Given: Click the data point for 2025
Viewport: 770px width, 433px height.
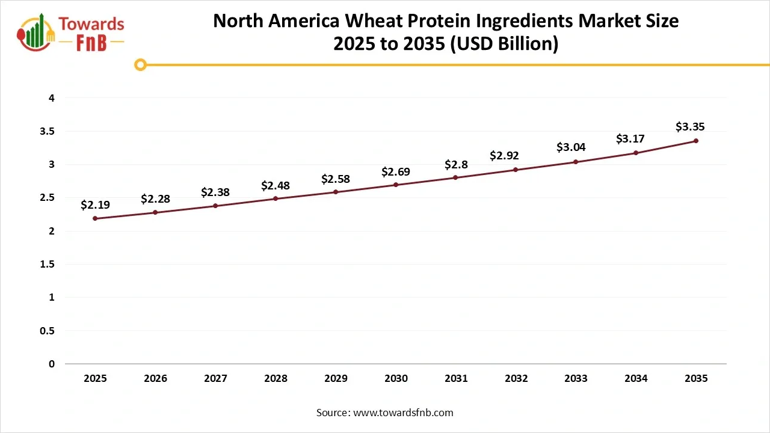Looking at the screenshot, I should click(x=95, y=218).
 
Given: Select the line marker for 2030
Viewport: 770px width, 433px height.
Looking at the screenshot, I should click(x=396, y=185).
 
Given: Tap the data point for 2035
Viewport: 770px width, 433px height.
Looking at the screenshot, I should click(x=696, y=141).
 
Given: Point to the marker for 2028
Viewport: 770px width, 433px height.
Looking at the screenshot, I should click(x=276, y=198).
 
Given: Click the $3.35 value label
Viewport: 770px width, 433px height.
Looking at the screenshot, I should click(x=690, y=127).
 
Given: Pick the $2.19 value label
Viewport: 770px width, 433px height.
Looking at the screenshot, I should click(x=95, y=205).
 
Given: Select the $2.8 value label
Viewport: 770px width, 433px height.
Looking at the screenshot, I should click(x=456, y=164).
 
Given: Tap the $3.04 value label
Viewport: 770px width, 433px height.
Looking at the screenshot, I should click(x=571, y=147).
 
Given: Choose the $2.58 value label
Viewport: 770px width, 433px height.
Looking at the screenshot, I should click(x=336, y=179).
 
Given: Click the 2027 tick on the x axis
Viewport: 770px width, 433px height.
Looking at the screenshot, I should click(x=215, y=378).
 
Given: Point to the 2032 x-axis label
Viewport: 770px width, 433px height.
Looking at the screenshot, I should click(x=516, y=378).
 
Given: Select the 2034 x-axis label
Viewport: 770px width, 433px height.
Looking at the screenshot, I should click(x=636, y=378).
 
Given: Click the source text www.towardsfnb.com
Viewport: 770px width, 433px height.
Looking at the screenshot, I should click(x=402, y=413).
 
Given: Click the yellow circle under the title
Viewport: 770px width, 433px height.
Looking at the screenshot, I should click(x=140, y=64).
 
